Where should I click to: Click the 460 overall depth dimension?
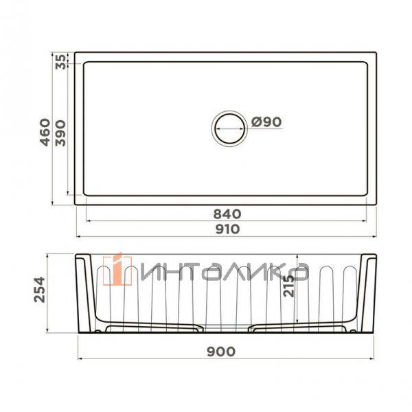(45, 132)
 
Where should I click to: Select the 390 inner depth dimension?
(60, 133)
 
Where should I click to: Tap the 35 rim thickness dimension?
(61, 62)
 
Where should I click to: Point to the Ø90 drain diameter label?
(266, 122)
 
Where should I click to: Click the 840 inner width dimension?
(227, 214)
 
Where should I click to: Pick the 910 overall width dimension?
(227, 229)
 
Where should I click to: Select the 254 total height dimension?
(40, 289)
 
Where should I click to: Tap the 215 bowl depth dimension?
(289, 286)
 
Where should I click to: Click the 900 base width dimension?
(221, 352)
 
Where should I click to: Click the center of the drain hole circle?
(229, 128)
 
